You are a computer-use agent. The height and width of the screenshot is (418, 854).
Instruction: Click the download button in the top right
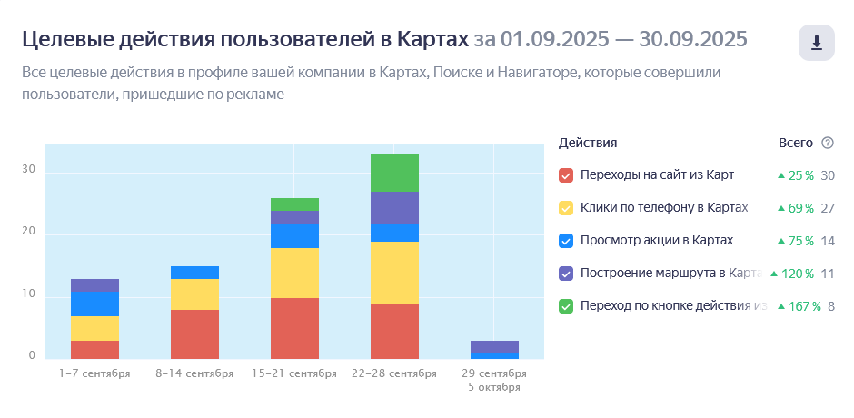click(x=817, y=43)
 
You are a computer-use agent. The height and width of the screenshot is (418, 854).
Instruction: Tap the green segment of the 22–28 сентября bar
click(x=394, y=174)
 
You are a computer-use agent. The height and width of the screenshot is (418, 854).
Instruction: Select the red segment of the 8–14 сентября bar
click(x=194, y=334)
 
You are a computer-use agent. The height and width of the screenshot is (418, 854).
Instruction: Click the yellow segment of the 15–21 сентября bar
click(x=294, y=273)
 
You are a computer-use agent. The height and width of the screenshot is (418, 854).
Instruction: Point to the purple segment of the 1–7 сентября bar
click(x=94, y=285)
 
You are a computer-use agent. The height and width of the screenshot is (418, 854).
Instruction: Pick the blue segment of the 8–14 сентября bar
click(x=194, y=273)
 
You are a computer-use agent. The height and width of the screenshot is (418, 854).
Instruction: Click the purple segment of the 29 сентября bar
click(x=494, y=347)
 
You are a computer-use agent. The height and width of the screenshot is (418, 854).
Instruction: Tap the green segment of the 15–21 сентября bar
click(x=294, y=204)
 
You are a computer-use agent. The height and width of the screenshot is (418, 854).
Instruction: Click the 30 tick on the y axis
click(x=28, y=170)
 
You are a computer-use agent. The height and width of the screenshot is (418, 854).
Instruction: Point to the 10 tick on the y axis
click(x=28, y=294)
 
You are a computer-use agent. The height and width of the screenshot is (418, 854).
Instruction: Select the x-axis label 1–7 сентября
click(x=94, y=373)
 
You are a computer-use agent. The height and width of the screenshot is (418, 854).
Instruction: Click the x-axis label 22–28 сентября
click(x=394, y=373)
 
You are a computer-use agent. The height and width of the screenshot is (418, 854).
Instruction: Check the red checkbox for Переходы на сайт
click(x=566, y=175)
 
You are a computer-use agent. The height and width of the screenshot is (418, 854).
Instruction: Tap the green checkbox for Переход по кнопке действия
click(x=566, y=306)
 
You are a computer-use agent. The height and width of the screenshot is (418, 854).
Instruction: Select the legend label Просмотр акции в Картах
click(x=657, y=240)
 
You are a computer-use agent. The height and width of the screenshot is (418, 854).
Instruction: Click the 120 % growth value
click(x=797, y=274)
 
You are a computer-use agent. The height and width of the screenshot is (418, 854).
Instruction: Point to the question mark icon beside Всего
click(x=828, y=143)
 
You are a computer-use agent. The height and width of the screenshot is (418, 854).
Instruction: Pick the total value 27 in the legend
click(x=828, y=208)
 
